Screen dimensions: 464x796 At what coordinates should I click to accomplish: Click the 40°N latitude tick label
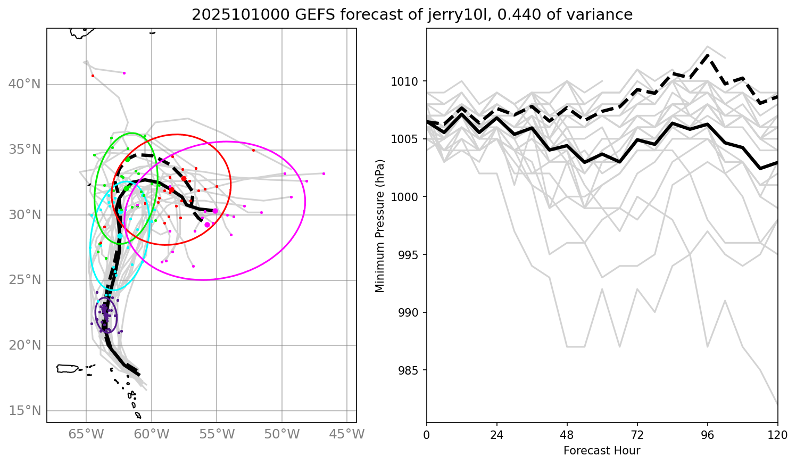tap(24, 85)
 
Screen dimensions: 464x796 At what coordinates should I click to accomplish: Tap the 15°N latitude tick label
tap(24, 411)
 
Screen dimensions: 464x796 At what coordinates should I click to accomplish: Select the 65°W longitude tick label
tap(86, 435)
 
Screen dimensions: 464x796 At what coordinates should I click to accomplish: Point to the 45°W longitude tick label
tap(347, 435)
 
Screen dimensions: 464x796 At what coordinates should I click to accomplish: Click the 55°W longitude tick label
tap(217, 435)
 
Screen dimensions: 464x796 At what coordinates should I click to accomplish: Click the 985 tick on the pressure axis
tap(410, 370)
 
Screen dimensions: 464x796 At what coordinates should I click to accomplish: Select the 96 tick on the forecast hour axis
tap(708, 435)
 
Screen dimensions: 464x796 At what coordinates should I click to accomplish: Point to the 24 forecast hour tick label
tap(496, 435)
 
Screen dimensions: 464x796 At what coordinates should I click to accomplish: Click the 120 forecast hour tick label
tap(777, 435)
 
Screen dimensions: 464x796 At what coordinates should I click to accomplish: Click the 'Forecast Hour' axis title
tap(602, 451)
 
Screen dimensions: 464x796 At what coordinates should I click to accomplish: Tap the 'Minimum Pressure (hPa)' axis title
tap(380, 226)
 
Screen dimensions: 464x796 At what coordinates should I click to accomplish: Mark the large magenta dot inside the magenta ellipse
tap(207, 225)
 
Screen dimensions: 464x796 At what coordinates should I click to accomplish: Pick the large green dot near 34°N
tap(128, 159)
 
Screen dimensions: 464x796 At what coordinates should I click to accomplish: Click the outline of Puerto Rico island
tap(68, 368)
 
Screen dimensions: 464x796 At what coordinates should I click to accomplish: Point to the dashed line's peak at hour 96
tap(708, 55)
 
